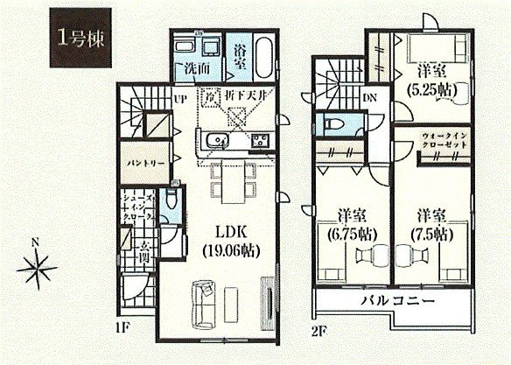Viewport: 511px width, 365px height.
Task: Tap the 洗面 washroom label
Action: click(199, 67)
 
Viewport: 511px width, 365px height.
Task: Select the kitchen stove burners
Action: click(261, 140)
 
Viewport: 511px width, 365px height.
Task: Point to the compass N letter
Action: click(34, 242)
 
